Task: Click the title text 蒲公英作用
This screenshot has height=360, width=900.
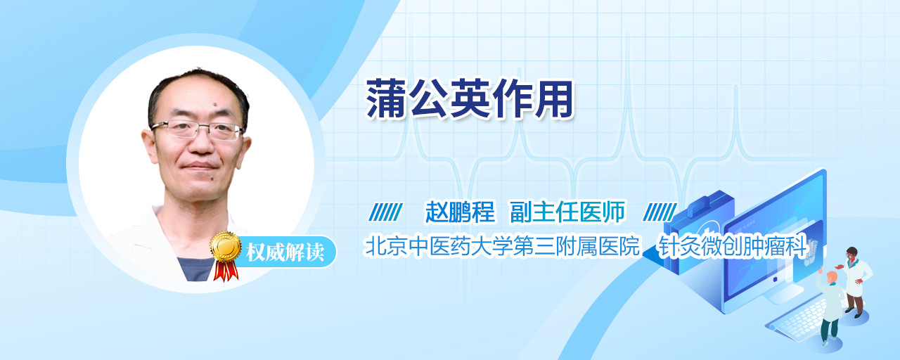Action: point(469,98)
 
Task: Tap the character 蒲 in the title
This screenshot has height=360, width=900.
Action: point(386,98)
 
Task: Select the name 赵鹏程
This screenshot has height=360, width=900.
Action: point(460,212)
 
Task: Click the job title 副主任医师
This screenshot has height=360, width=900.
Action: point(567,212)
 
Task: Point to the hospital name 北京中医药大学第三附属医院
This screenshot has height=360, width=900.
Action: point(501,246)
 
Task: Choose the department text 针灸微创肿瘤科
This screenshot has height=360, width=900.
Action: point(732,246)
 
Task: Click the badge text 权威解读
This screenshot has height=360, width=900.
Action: point(285,252)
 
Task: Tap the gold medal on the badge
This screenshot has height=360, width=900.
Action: point(226,246)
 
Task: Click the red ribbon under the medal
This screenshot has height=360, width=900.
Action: point(226,270)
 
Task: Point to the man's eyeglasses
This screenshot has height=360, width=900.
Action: point(198,129)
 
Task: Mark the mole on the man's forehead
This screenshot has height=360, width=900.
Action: point(214,105)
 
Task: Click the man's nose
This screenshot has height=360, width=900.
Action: point(201,144)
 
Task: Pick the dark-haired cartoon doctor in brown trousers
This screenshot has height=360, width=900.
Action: point(855,282)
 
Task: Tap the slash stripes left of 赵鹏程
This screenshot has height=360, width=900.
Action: point(385,212)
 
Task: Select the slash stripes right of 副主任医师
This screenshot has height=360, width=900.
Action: point(660,212)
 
